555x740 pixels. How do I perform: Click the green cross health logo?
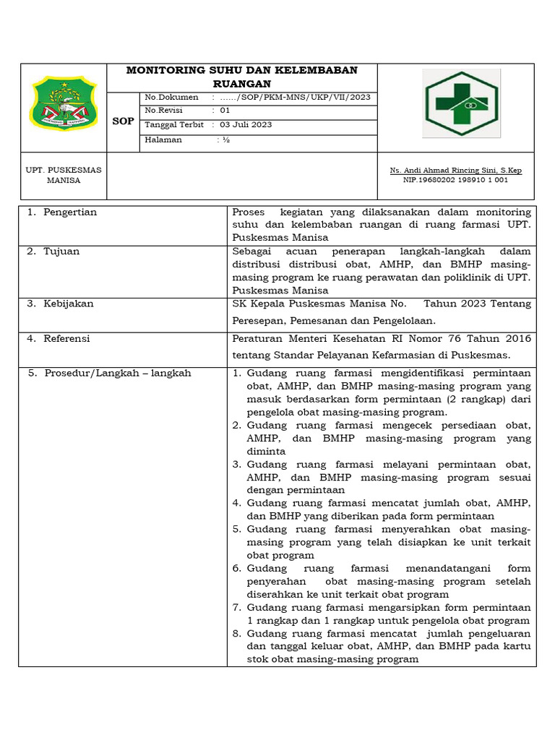[x=461, y=103]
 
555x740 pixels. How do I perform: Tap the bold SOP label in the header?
[x=123, y=121]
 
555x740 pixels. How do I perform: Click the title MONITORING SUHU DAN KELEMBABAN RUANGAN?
[x=241, y=77]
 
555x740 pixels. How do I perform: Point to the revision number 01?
[x=225, y=111]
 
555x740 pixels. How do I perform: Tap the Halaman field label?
[x=163, y=139]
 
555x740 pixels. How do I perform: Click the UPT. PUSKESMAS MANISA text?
[x=64, y=175]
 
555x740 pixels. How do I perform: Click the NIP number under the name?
[x=455, y=180]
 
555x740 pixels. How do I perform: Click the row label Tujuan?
[x=61, y=251]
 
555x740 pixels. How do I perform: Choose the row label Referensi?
[x=66, y=338]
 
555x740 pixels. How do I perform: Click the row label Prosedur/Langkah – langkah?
[x=117, y=373]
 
